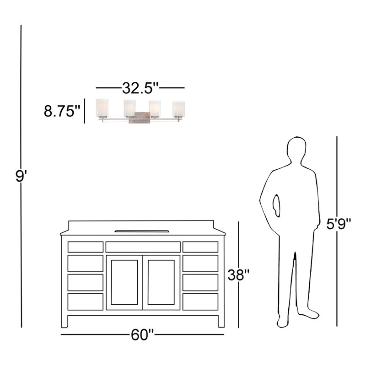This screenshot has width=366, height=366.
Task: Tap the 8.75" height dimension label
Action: (x=62, y=111)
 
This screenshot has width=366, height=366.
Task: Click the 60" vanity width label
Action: (x=142, y=334)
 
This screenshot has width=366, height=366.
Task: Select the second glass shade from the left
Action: (x=129, y=108)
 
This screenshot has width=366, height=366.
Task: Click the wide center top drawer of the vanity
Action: (x=143, y=247)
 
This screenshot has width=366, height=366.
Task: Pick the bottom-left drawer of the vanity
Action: (x=86, y=302)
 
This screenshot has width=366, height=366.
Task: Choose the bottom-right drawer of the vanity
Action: (x=200, y=302)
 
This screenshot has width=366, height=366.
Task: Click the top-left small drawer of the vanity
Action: (x=86, y=247)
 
